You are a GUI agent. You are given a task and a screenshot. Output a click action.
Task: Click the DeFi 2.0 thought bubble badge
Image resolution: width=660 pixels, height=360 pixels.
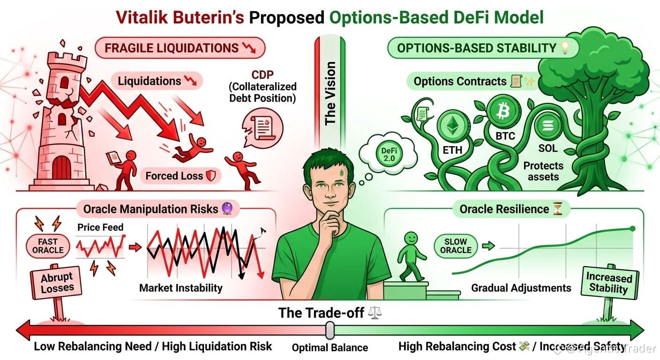pyautogui.click(x=389, y=155)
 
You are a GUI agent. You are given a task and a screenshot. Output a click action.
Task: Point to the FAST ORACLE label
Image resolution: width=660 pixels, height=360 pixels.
pyautogui.click(x=48, y=246)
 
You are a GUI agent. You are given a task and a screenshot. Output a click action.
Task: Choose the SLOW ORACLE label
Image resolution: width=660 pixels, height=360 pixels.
pyautogui.click(x=456, y=246)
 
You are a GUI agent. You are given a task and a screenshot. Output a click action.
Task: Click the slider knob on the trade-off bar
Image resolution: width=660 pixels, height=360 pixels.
pyautogui.click(x=330, y=330)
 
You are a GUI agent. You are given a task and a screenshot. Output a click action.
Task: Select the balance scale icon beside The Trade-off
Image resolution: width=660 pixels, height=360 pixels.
pyautogui.click(x=375, y=313)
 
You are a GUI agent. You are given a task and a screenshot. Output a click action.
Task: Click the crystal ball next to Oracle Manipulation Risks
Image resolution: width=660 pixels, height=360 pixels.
pyautogui.click(x=227, y=209)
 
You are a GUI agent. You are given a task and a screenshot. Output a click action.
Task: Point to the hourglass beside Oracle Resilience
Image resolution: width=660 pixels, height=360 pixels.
pyautogui.click(x=558, y=209)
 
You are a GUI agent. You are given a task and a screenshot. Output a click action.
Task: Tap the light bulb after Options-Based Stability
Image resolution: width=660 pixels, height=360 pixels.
pyautogui.click(x=565, y=48)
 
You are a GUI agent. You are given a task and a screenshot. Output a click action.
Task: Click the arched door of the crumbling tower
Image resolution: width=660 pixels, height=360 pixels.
pyautogui.click(x=61, y=168)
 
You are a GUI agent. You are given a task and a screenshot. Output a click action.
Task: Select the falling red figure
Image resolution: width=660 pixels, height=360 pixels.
pyautogui.click(x=192, y=148)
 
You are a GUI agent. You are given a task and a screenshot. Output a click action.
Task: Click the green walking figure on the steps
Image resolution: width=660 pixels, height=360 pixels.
pyautogui.click(x=411, y=257)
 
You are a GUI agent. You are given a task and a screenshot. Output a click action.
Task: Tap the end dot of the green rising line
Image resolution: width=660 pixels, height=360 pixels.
pyautogui.click(x=632, y=229)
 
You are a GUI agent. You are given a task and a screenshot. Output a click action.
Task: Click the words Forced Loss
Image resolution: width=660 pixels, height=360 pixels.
pyautogui.click(x=174, y=176)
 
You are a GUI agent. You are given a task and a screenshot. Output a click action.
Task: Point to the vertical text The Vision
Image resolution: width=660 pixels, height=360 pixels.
pyautogui.click(x=330, y=93)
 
